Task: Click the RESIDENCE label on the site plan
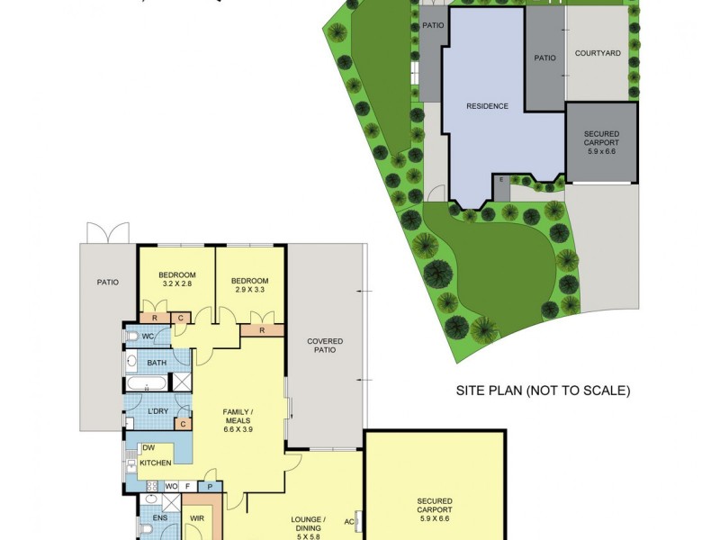[x=487, y=106]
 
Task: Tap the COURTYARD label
[x=598, y=54]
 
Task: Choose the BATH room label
[x=157, y=364]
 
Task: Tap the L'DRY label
[x=157, y=412]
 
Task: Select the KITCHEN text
[x=156, y=463]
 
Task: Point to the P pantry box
[x=210, y=486]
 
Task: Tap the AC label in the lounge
[x=349, y=521]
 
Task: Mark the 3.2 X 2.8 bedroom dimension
[x=176, y=283]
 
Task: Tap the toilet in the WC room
[x=132, y=337]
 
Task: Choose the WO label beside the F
[x=170, y=486]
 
